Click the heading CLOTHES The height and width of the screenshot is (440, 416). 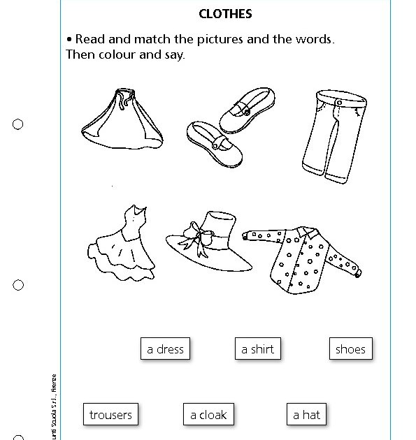(225, 13)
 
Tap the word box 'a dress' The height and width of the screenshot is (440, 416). (165, 349)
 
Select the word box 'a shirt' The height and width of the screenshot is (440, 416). (258, 349)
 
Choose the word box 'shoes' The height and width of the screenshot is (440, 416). (350, 349)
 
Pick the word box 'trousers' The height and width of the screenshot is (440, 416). (110, 415)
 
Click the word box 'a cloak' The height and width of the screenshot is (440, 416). (208, 415)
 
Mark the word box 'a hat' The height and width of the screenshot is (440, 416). (306, 415)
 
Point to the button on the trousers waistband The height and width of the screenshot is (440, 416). (339, 102)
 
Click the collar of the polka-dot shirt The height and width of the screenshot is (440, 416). (302, 234)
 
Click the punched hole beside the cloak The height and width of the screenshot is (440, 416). (18, 124)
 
